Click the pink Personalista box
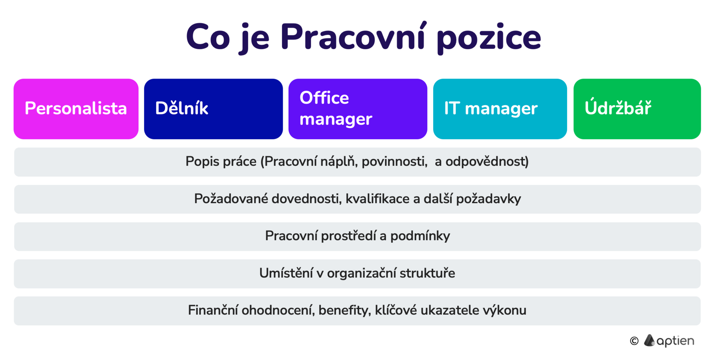[76, 109]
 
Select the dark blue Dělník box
[213, 109]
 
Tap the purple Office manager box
[358, 109]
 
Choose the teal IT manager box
[500, 109]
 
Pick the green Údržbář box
[637, 109]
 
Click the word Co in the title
[208, 37]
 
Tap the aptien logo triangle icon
[649, 340]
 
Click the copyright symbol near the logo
[634, 341]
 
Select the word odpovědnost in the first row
[487, 161]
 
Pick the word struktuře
[427, 273]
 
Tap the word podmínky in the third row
[420, 236]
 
